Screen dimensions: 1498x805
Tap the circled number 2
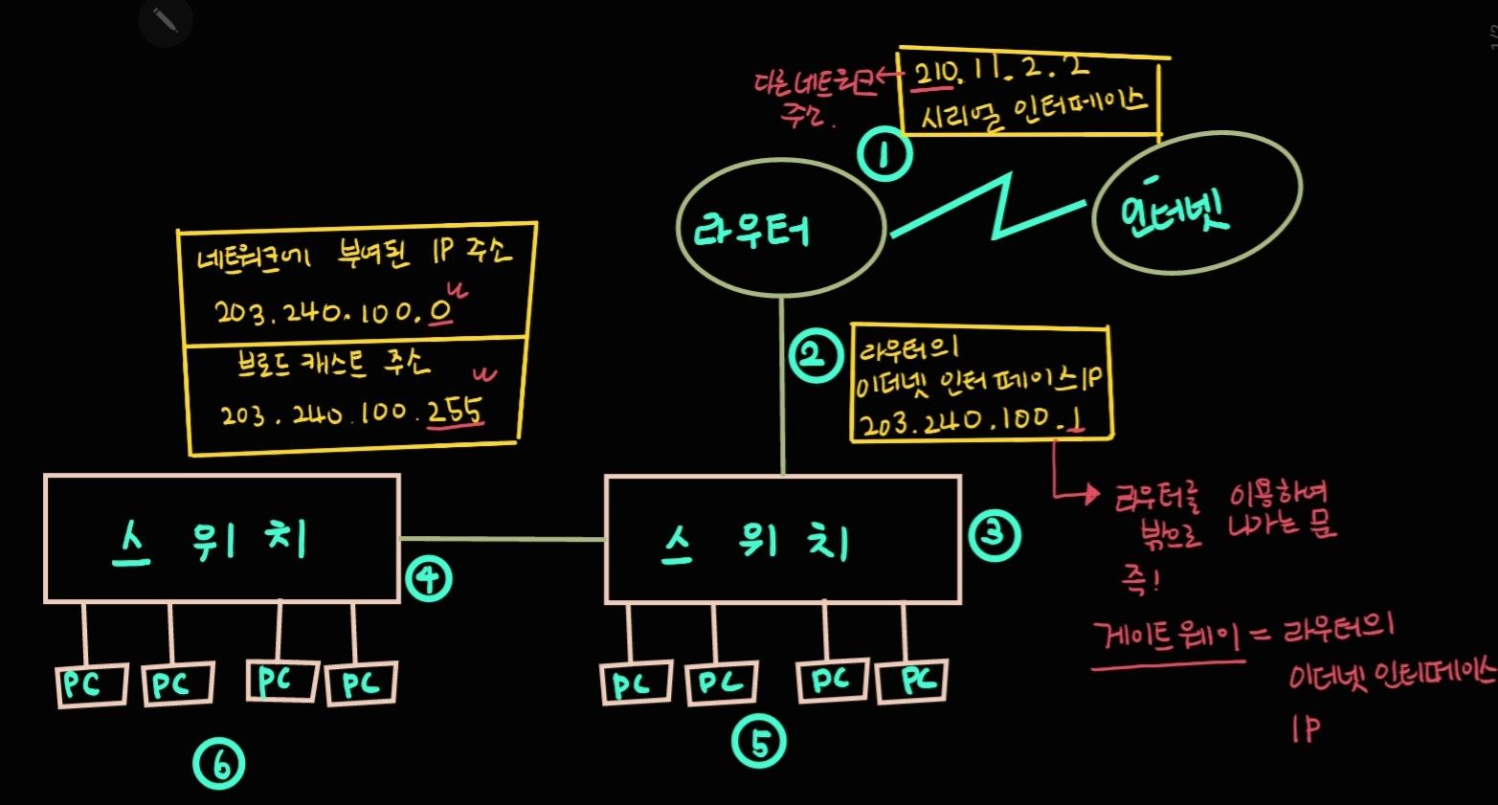click(x=813, y=355)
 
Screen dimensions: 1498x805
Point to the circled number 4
click(x=427, y=579)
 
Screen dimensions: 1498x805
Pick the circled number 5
click(x=759, y=743)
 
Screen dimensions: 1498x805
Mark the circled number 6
click(x=218, y=765)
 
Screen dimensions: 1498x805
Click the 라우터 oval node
click(x=779, y=229)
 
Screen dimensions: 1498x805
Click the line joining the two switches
click(x=503, y=539)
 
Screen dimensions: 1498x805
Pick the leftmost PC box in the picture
click(x=91, y=684)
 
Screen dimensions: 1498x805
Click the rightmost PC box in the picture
click(x=911, y=681)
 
